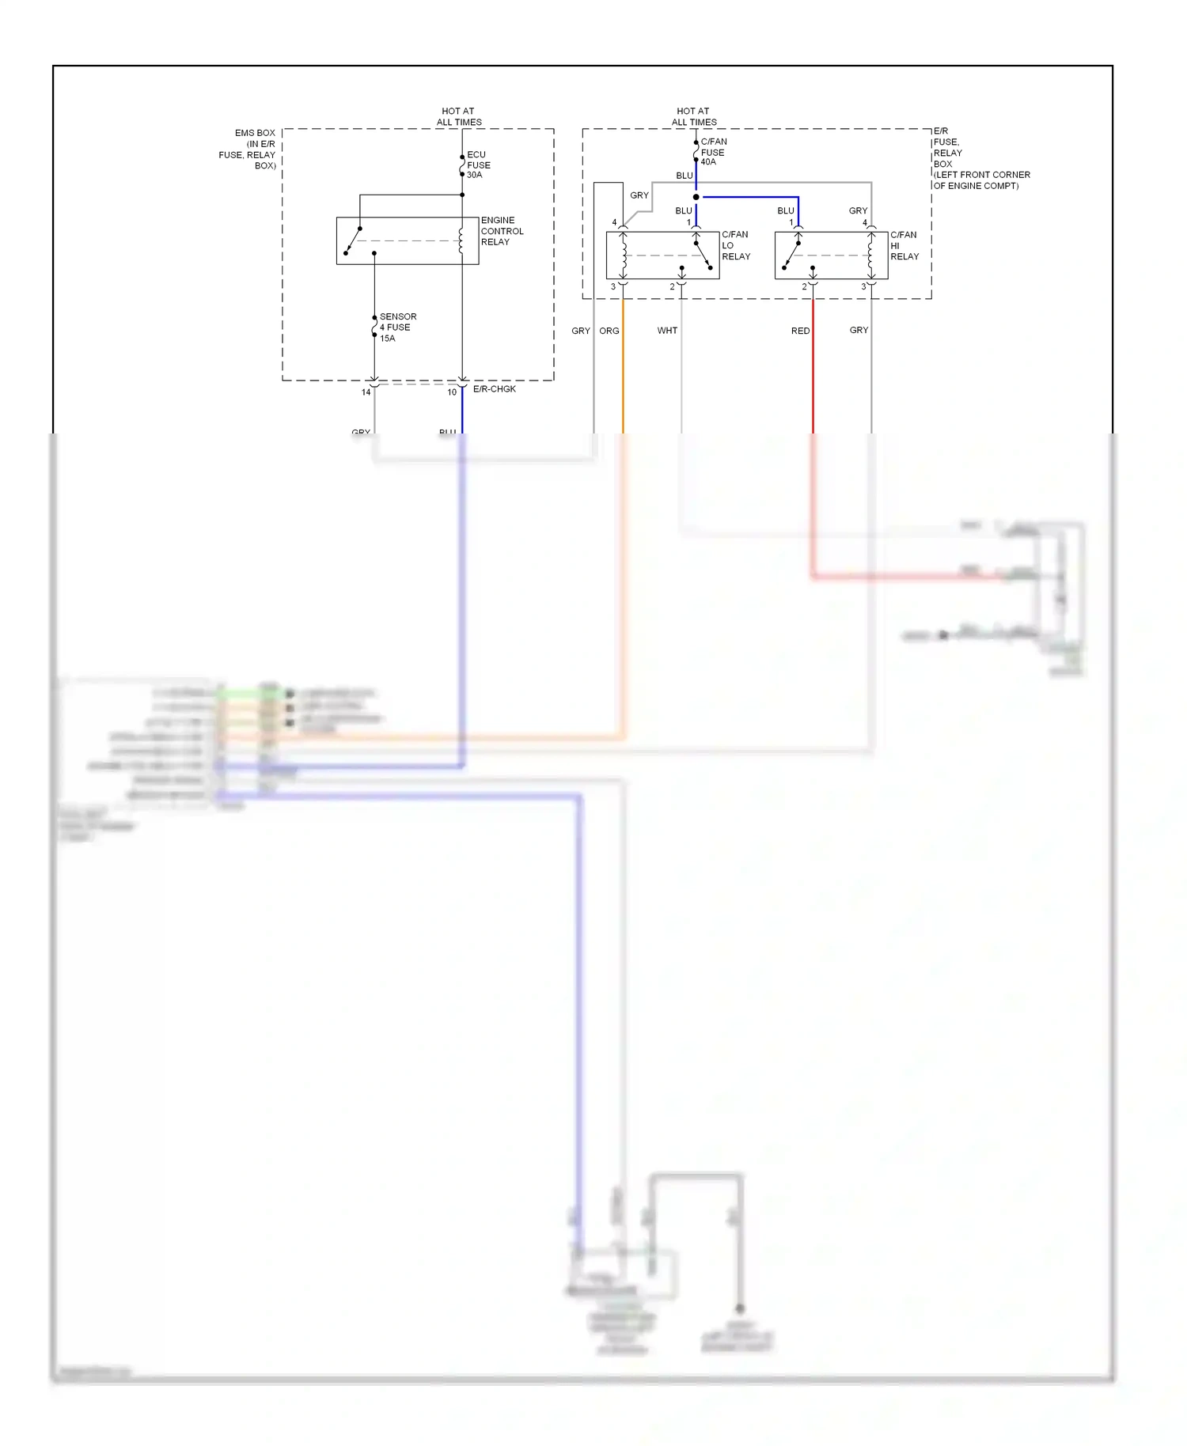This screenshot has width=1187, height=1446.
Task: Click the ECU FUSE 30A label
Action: pyautogui.click(x=478, y=165)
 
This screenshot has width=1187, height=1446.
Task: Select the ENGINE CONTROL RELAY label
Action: pyautogui.click(x=502, y=231)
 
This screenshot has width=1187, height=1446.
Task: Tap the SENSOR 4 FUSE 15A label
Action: pyautogui.click(x=397, y=327)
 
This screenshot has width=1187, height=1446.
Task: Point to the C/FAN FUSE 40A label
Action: pyautogui.click(x=713, y=152)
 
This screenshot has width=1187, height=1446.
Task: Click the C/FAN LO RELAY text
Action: pyautogui.click(x=735, y=245)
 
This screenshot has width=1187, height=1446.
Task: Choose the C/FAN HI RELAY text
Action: pyautogui.click(x=904, y=245)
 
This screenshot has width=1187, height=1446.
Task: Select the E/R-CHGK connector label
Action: pyautogui.click(x=494, y=389)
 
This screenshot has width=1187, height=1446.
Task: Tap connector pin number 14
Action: pyautogui.click(x=366, y=392)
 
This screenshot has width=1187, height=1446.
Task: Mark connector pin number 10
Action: pyautogui.click(x=452, y=392)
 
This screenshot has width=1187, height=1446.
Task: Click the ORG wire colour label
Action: pyautogui.click(x=609, y=331)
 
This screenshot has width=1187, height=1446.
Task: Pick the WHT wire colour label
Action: pyautogui.click(x=667, y=331)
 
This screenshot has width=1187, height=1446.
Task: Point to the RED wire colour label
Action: pyautogui.click(x=800, y=331)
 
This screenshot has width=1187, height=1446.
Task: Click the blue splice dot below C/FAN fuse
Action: pyautogui.click(x=696, y=197)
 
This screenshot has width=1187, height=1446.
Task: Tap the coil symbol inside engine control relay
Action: pyautogui.click(x=461, y=240)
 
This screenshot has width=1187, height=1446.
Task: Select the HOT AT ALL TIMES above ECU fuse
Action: pyautogui.click(x=459, y=116)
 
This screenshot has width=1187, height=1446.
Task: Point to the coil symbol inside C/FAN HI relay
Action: pyautogui.click(x=870, y=255)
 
